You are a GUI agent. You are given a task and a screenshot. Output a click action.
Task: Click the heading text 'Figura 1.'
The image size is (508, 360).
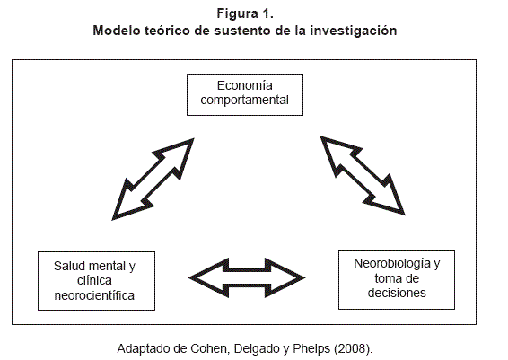(x=245, y=14)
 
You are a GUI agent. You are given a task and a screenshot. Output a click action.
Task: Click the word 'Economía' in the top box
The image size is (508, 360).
(x=245, y=85)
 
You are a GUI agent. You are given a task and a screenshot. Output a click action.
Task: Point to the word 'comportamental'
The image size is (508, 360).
(x=245, y=101)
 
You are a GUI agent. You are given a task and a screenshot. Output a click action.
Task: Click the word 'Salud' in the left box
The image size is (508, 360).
(x=70, y=266)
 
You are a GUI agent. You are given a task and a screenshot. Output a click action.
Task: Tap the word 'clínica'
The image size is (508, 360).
(x=94, y=281)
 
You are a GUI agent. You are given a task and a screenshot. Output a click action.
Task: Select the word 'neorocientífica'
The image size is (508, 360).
(x=94, y=295)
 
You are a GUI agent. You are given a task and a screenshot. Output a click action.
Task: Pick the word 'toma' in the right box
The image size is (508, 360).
(x=387, y=278)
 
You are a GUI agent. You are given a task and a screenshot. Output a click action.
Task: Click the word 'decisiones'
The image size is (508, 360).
(x=397, y=293)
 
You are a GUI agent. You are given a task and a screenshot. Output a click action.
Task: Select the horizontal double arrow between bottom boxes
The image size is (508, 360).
(x=247, y=277)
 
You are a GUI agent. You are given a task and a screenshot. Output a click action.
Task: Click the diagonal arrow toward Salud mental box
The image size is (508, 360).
(x=153, y=180)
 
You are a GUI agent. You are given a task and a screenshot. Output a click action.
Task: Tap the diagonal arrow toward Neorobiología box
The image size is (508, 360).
(x=363, y=175)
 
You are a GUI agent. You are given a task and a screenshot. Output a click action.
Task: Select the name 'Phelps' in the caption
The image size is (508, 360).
(x=311, y=348)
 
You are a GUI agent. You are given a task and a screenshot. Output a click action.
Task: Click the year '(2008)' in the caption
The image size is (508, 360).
(x=352, y=348)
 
